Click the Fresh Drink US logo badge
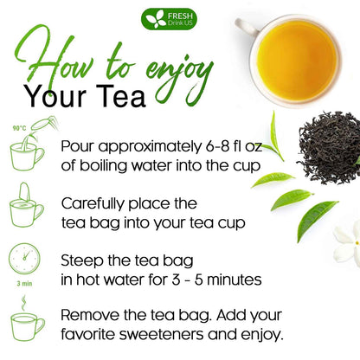coord(178,18)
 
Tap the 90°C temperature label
coord(18,129)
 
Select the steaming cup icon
coord(27,321)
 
